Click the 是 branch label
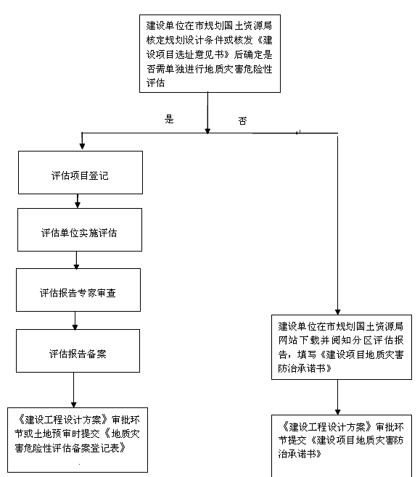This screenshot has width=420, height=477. click(x=169, y=119)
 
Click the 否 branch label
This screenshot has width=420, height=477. click(x=242, y=121)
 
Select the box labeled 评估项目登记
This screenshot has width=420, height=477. click(x=81, y=173)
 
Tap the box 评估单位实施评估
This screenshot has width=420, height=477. click(x=80, y=230)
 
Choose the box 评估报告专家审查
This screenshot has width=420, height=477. click(x=78, y=290)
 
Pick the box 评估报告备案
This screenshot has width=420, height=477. click(x=78, y=351)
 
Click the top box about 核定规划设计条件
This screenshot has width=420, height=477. click(x=210, y=54)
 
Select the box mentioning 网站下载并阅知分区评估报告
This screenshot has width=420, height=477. click(x=342, y=347)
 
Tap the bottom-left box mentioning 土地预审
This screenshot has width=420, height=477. click(x=78, y=440)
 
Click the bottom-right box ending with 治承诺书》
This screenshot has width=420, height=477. click(x=342, y=446)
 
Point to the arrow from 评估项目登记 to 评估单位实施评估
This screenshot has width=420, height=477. click(x=78, y=201)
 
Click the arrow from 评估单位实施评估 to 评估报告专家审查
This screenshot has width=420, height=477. click(x=76, y=260)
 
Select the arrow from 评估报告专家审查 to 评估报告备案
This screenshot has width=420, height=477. click(x=75, y=320)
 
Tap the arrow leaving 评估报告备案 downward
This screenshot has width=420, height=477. click(x=74, y=390)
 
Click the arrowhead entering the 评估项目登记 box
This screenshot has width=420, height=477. click(x=82, y=146)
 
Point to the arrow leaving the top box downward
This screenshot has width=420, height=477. click(x=207, y=113)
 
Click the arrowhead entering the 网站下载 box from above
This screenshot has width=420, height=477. click(x=337, y=312)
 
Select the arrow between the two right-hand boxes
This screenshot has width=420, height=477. click(x=337, y=397)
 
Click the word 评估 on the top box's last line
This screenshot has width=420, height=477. click(x=155, y=83)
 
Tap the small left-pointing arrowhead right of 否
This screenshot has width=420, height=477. click(x=297, y=133)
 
